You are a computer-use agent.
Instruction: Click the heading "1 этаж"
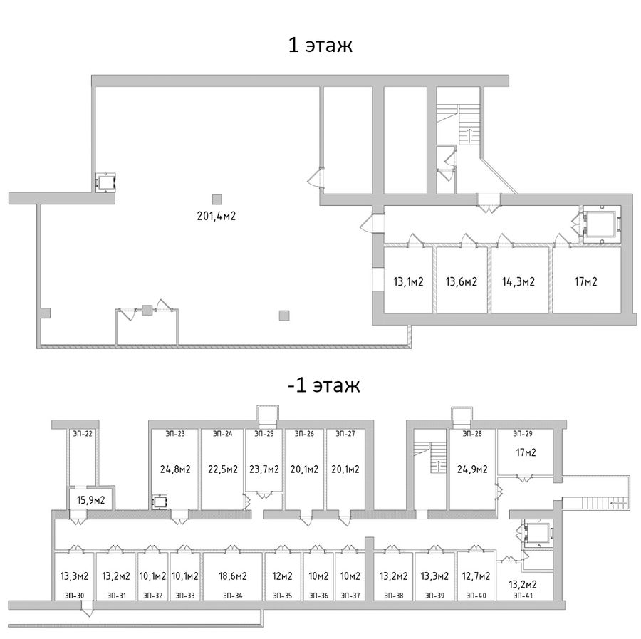tap(320, 45)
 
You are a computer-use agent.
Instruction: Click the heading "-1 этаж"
tap(324, 385)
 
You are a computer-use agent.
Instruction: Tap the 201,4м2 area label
tap(217, 216)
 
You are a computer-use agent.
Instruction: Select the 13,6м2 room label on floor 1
tap(461, 281)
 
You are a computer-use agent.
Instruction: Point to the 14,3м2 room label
tap(518, 281)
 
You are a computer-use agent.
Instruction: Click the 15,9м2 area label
tap(91, 499)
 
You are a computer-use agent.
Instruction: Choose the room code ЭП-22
tap(83, 433)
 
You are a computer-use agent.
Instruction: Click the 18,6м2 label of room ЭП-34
tap(233, 576)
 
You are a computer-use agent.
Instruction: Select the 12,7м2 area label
tap(476, 576)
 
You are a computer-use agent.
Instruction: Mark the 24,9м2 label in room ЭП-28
tap(472, 469)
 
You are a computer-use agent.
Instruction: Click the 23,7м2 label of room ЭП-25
tap(264, 469)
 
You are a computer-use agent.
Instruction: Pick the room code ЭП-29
tap(523, 433)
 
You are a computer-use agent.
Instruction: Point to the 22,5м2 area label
tap(223, 469)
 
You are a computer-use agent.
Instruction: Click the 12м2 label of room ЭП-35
tap(283, 576)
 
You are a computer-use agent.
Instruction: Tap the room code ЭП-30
tap(75, 596)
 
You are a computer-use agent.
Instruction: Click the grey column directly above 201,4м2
tap(217, 199)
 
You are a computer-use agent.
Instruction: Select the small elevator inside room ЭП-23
tap(160, 502)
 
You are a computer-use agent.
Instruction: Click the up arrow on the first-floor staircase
tap(469, 134)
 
